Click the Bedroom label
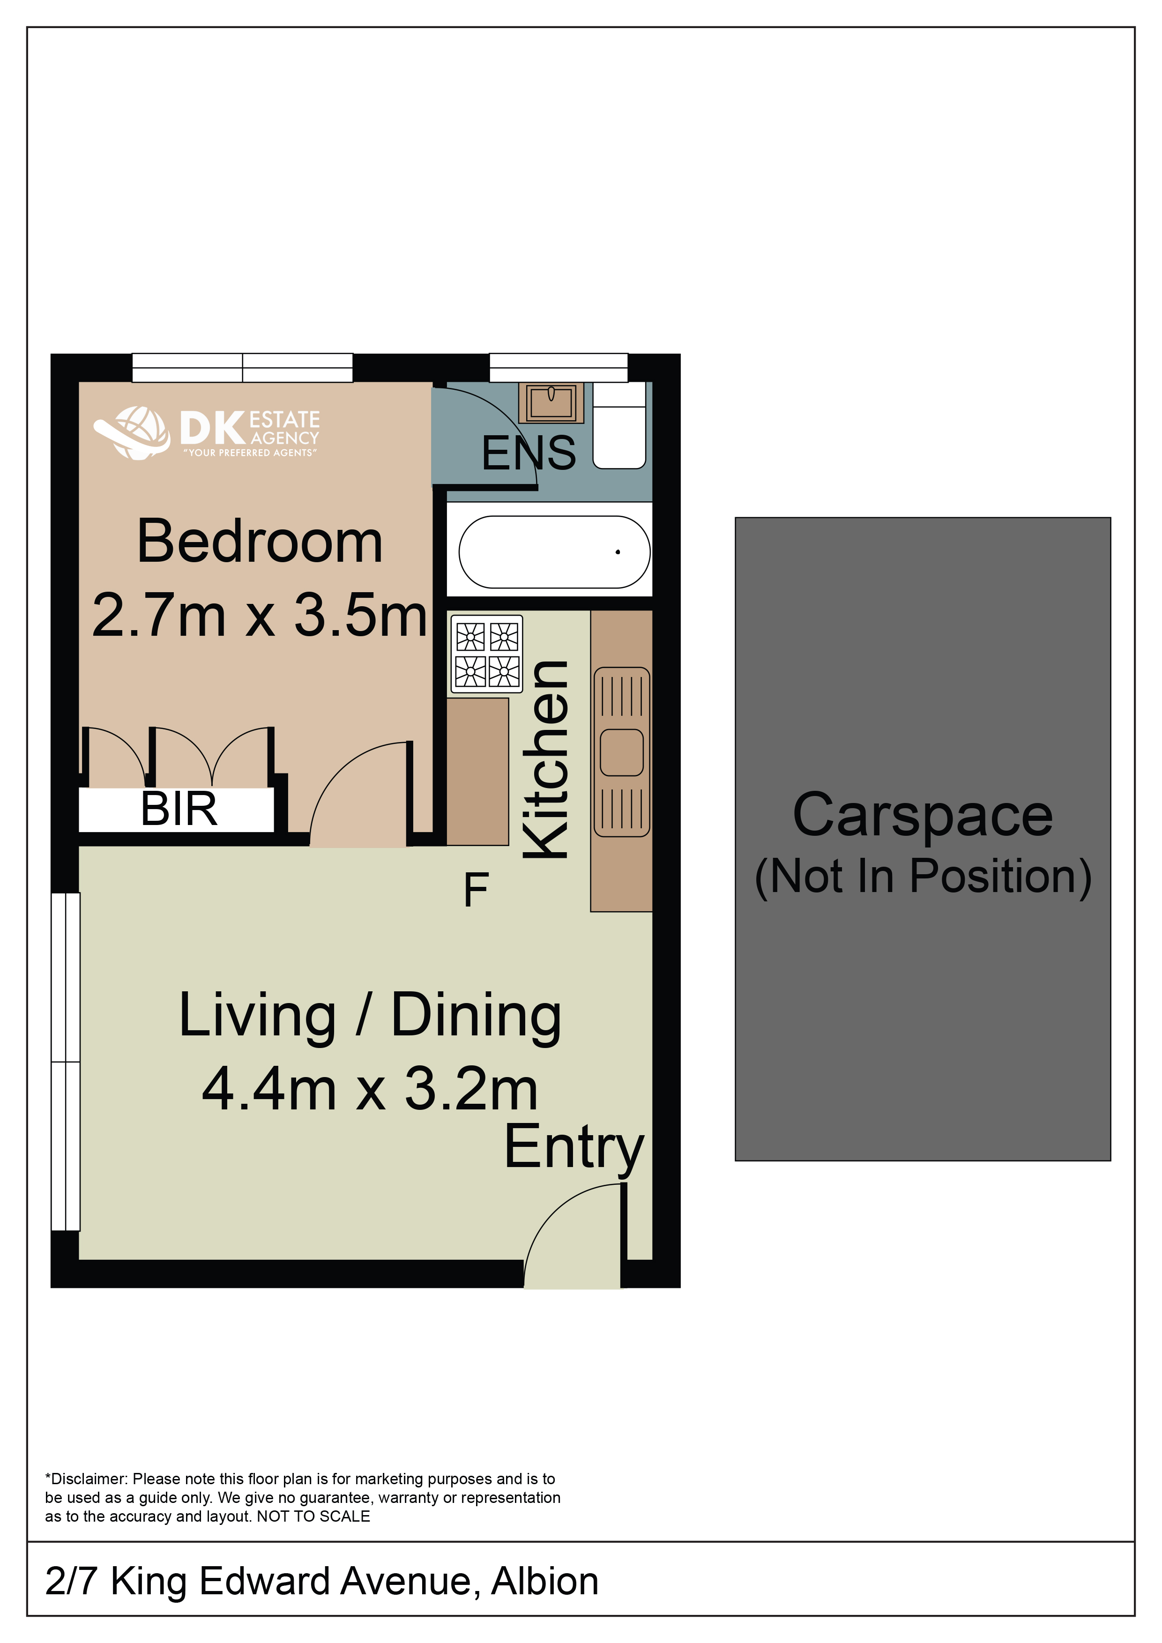click(x=260, y=542)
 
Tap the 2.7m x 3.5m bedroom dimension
click(x=260, y=615)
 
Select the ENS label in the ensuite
click(x=529, y=453)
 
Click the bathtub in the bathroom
click(x=554, y=552)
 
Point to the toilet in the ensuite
click(x=619, y=426)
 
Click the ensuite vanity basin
click(x=551, y=403)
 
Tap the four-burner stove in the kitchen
click(x=486, y=654)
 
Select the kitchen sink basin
click(x=622, y=752)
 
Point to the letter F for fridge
click(x=476, y=890)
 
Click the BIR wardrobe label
click(x=179, y=810)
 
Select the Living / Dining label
click(x=370, y=1016)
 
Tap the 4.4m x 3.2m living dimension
click(x=370, y=1089)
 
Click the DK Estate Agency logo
click(x=207, y=432)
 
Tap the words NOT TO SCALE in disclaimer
click(x=313, y=1517)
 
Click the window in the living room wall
click(x=66, y=1062)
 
